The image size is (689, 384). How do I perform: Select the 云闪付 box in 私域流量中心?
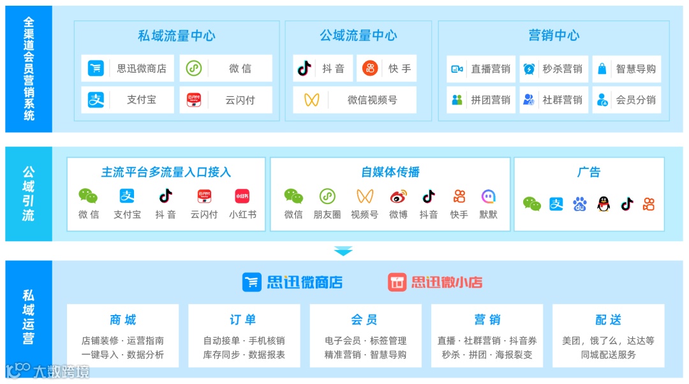pyautogui.click(x=226, y=100)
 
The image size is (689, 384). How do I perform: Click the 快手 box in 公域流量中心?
pyautogui.click(x=387, y=68)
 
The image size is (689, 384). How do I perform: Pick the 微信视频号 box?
pyautogui.click(x=355, y=100)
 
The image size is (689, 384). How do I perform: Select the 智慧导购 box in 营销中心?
pyautogui.click(x=626, y=69)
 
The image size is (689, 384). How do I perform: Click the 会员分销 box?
pyautogui.click(x=626, y=100)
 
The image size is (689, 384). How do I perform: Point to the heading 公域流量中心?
pyautogui.click(x=358, y=36)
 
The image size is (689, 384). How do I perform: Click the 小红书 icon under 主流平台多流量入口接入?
pyautogui.click(x=242, y=196)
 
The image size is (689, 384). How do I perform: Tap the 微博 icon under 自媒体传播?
pyautogui.click(x=399, y=196)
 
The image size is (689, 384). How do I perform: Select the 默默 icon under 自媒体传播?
pyautogui.click(x=489, y=196)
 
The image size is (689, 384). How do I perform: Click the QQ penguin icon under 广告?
pyautogui.click(x=604, y=204)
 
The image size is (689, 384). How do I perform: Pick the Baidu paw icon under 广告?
pyautogui.click(x=579, y=204)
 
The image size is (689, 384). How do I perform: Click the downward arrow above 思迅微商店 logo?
pyautogui.click(x=343, y=251)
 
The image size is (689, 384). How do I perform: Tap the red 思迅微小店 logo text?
pyautogui.click(x=446, y=282)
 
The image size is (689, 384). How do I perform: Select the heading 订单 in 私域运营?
pyautogui.click(x=243, y=320)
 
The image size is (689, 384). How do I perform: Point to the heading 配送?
pyautogui.click(x=608, y=320)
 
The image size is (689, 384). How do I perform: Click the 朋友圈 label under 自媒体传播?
pyautogui.click(x=327, y=215)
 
